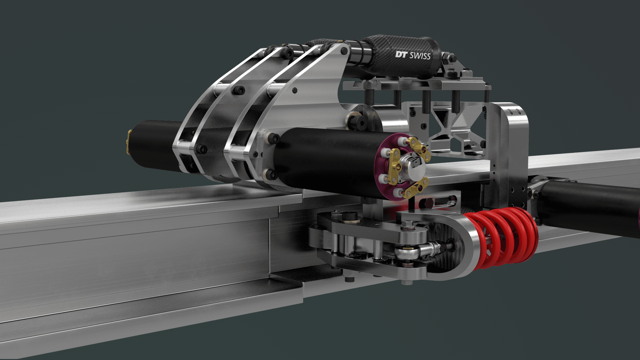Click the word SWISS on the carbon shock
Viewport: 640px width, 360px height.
[420, 56]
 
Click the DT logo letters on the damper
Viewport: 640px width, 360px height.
[401, 54]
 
